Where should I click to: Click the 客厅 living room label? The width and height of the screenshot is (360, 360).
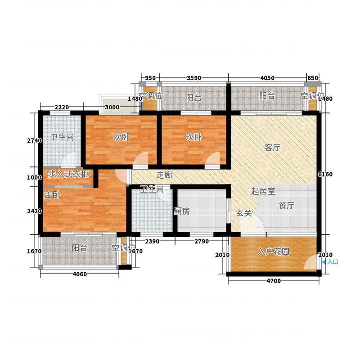click(x=273, y=148)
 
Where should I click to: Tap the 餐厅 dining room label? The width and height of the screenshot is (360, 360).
click(x=287, y=205)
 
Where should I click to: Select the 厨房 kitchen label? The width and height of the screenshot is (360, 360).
click(x=182, y=211)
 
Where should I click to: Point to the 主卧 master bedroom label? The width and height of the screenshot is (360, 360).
click(x=52, y=195)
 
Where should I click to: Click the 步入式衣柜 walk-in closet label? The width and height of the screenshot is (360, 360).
click(x=68, y=174)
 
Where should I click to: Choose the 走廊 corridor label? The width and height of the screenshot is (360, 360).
click(x=164, y=175)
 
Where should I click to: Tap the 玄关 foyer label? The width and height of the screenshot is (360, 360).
click(x=244, y=213)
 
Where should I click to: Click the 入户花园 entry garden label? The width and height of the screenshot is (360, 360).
click(x=274, y=252)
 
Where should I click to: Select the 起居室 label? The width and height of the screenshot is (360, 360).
click(x=263, y=191)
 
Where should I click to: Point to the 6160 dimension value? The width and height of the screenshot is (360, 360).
click(x=325, y=175)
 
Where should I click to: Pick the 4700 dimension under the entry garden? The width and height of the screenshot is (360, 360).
click(x=274, y=281)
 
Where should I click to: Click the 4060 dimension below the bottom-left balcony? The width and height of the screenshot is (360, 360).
click(x=80, y=274)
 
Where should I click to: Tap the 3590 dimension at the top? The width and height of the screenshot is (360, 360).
click(x=194, y=78)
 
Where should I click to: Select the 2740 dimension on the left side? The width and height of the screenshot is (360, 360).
click(x=35, y=140)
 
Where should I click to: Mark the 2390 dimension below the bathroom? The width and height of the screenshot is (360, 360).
click(x=152, y=242)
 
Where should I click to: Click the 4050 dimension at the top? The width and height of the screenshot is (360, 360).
click(x=267, y=78)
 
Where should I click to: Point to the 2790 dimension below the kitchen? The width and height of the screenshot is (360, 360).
click(x=202, y=242)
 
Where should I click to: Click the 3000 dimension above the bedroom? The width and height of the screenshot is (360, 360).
click(x=112, y=107)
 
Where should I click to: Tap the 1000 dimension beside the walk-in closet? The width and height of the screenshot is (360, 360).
click(x=35, y=177)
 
